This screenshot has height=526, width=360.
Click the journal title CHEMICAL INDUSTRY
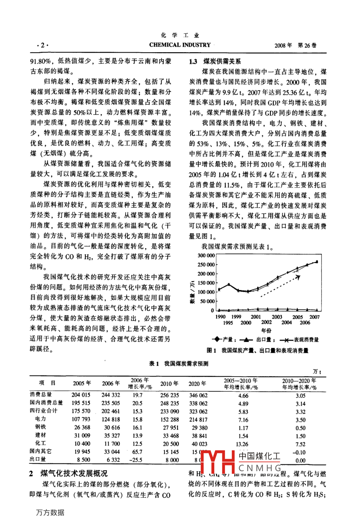point(180,45)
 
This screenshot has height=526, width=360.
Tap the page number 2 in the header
point(43,45)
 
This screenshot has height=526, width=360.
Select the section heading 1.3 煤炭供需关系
point(215,61)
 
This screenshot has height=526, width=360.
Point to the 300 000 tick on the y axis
point(206,255)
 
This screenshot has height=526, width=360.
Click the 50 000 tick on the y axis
point(207,301)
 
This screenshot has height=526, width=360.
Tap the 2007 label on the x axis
point(315,317)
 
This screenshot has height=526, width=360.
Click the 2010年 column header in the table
point(169,384)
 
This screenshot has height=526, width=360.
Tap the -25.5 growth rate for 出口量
point(136,459)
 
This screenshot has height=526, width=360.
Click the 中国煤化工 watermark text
point(259,456)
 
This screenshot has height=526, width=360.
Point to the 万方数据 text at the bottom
point(50,512)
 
